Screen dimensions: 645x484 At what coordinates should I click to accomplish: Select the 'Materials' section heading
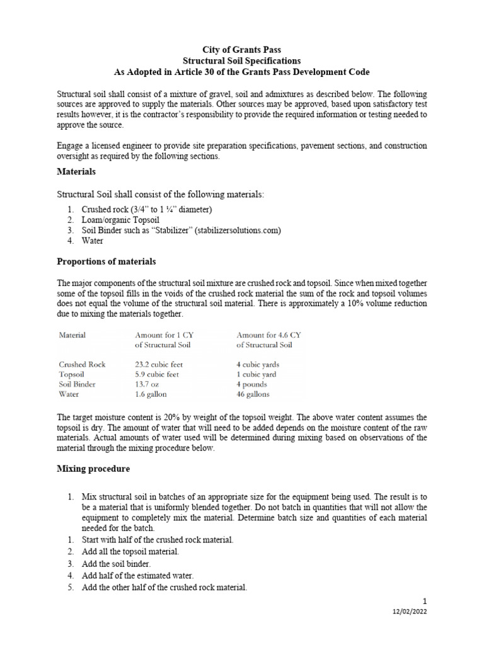tap(76, 171)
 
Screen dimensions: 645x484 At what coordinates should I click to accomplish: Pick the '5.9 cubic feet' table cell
tap(157, 374)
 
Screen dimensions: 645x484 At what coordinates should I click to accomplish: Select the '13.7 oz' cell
tap(149, 384)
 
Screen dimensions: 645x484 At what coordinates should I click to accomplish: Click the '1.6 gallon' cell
tap(152, 394)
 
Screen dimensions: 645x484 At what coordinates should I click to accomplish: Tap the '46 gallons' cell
tap(253, 394)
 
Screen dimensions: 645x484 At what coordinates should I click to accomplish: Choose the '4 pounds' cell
tap(251, 384)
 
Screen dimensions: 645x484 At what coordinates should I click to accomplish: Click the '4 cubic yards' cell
tap(258, 364)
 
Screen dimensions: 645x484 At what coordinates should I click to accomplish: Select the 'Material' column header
tap(72, 334)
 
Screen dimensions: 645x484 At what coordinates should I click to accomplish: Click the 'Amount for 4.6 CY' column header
tap(265, 334)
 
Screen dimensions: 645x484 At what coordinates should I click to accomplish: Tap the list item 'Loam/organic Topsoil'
tap(120, 220)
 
